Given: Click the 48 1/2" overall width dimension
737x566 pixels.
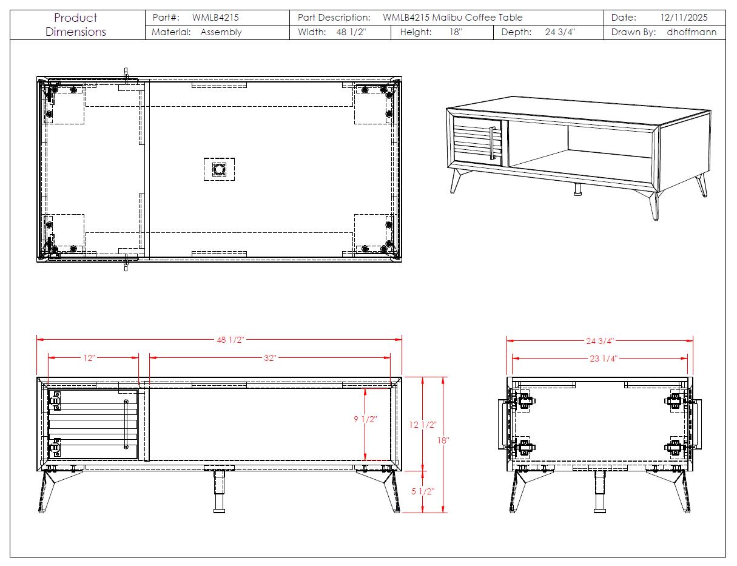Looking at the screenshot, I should [x=230, y=340].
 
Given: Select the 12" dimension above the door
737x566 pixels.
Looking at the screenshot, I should [x=89, y=358].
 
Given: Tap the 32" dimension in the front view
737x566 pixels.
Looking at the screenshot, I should [x=270, y=358].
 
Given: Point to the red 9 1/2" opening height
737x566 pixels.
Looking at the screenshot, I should [x=365, y=419].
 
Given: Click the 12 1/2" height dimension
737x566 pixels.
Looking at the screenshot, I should [x=423, y=425].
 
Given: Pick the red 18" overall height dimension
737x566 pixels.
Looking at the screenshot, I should [x=443, y=440].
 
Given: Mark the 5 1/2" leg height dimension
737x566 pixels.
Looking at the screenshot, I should [x=423, y=491].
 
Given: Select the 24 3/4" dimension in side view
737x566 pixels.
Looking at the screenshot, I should [x=600, y=340].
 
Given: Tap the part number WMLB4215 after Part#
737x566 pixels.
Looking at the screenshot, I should [x=215, y=18].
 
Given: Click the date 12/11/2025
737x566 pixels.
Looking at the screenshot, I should [x=684, y=18].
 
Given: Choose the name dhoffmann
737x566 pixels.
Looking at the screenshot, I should [x=692, y=32].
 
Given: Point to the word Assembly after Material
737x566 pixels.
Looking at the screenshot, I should [x=221, y=32].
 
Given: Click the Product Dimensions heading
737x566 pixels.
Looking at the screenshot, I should [x=76, y=25].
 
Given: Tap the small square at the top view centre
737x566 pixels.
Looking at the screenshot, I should [x=218, y=169].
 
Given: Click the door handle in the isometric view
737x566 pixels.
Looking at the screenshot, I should [x=492, y=143].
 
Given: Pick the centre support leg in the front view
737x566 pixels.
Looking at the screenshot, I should [x=218, y=490].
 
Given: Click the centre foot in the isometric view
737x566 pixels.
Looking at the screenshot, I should [x=577, y=190].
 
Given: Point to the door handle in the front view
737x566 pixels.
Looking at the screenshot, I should [x=126, y=424].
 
